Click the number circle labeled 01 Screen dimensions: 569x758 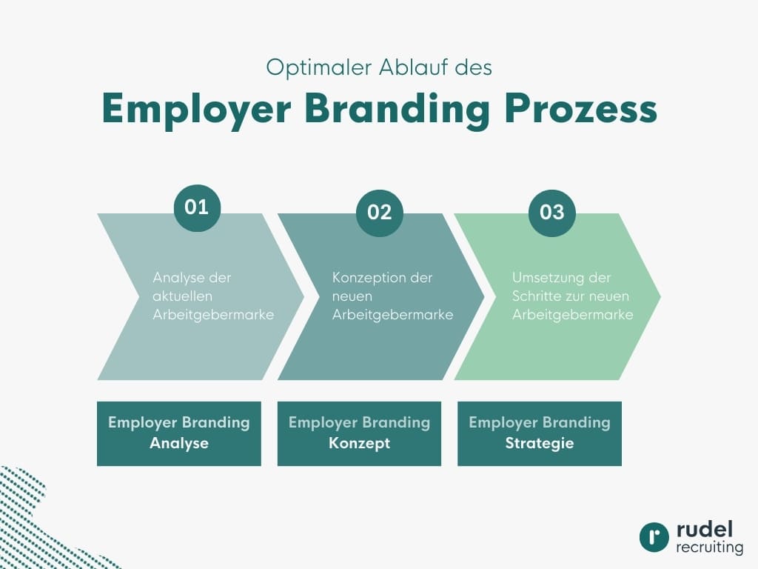click(x=197, y=207)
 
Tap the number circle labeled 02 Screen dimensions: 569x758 click(x=379, y=213)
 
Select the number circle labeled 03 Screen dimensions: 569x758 click(x=551, y=213)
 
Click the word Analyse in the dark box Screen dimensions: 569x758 click(x=179, y=444)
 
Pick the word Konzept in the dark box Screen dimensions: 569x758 click(x=359, y=444)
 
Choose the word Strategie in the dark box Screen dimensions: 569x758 click(x=540, y=444)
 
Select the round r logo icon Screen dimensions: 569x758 click(x=654, y=537)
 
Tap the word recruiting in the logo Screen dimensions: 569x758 click(x=709, y=548)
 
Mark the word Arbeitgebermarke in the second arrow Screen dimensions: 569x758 click(x=393, y=315)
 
